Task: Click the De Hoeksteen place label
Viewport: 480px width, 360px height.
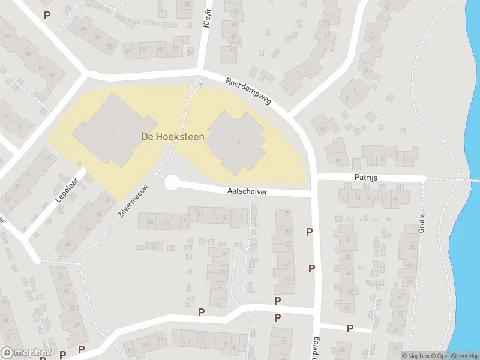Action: (173, 137)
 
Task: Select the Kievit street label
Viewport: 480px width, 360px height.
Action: (208, 19)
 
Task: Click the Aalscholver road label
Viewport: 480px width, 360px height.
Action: (247, 192)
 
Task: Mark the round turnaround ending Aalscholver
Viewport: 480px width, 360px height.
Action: (172, 182)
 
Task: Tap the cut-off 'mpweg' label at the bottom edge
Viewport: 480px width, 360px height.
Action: (314, 349)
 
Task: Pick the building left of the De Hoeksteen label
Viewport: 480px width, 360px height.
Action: (106, 129)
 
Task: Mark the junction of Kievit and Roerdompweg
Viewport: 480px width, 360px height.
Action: (199, 75)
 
